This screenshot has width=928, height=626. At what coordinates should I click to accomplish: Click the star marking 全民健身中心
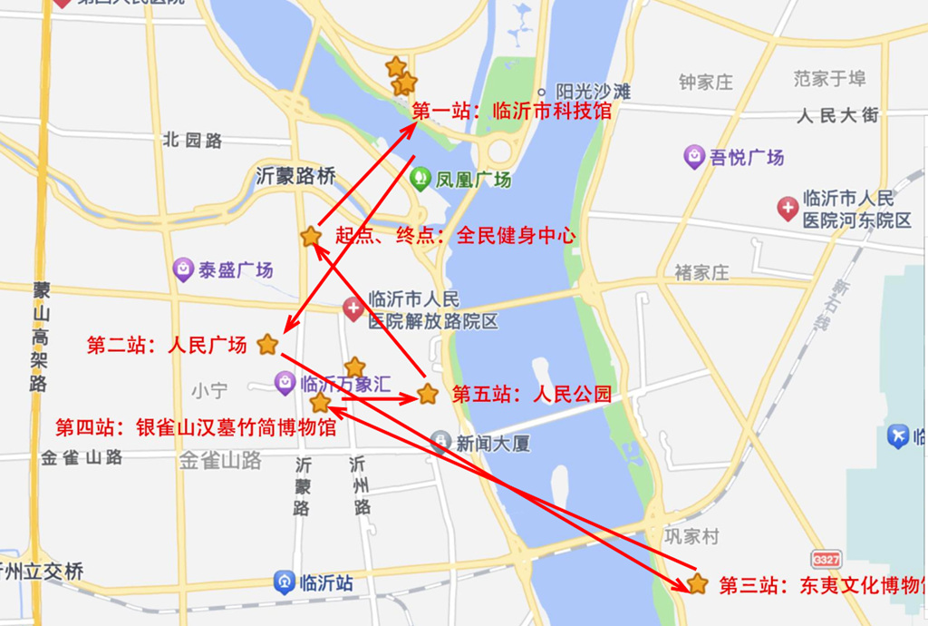(x=311, y=237)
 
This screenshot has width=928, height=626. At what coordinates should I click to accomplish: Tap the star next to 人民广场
(x=267, y=345)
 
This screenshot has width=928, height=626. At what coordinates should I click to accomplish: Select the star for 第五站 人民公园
(x=428, y=395)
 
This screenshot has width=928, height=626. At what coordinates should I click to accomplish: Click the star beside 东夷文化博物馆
(x=697, y=583)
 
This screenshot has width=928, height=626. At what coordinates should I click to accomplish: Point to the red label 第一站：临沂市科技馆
(x=511, y=112)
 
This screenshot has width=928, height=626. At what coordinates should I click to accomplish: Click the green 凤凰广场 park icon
(x=420, y=178)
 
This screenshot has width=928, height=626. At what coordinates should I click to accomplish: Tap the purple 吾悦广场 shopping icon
(x=694, y=157)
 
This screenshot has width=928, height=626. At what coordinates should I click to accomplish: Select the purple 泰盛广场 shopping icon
(x=183, y=269)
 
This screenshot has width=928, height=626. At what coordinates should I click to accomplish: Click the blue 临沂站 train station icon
(x=285, y=582)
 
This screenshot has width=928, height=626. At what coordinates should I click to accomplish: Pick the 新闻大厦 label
(x=492, y=444)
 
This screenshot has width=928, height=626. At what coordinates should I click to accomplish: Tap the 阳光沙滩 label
(x=594, y=92)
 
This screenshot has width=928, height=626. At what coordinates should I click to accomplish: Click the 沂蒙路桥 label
(x=295, y=176)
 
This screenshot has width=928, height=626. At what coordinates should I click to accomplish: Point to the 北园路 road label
(x=192, y=141)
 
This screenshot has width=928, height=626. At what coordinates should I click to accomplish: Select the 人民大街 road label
(x=838, y=115)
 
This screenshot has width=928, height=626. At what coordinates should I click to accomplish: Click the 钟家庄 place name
(x=706, y=83)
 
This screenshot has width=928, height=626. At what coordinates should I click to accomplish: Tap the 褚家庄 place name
(x=701, y=272)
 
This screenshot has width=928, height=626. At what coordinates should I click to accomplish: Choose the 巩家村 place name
(x=691, y=536)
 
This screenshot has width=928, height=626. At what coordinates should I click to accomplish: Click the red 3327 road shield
(x=826, y=559)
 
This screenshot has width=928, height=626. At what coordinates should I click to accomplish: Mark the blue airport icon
(x=898, y=436)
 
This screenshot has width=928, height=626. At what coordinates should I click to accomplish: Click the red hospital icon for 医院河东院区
(x=788, y=209)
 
